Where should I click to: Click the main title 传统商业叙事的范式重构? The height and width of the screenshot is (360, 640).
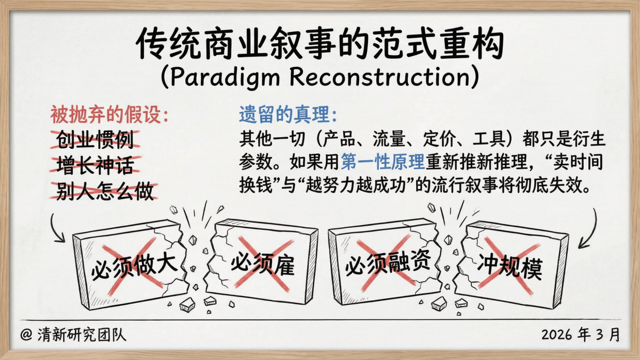[x=319, y=44]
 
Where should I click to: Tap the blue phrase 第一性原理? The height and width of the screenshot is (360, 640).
[x=382, y=162]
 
